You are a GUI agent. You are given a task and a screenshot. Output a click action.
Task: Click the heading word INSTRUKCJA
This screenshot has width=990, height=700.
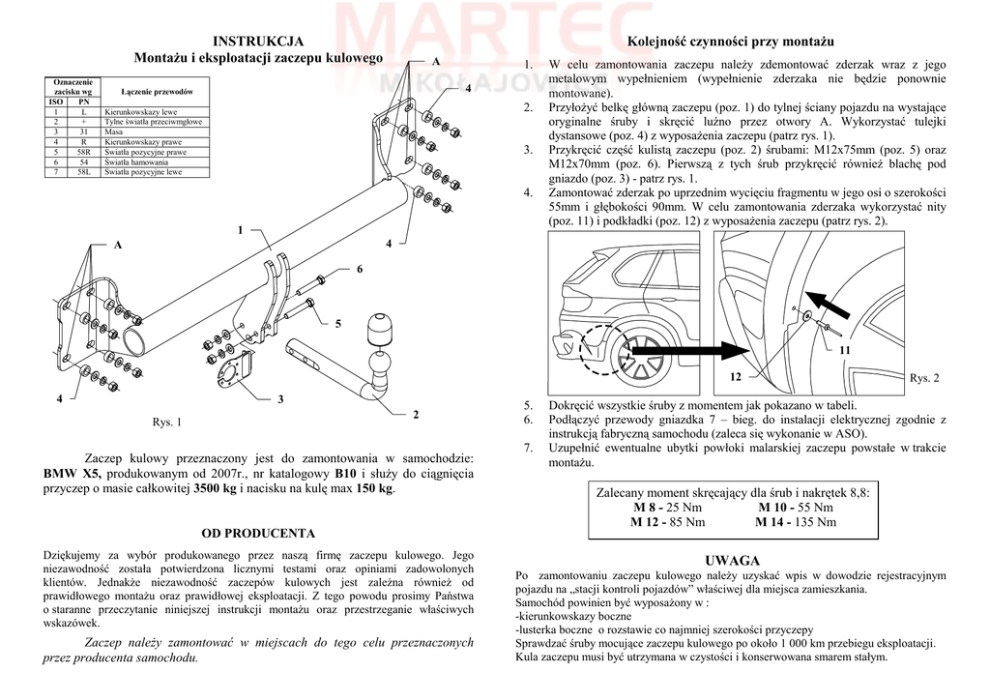point(258,41)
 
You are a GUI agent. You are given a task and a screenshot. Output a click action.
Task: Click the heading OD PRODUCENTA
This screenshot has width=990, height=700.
point(258,533)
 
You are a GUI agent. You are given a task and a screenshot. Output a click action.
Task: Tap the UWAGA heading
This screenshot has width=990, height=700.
point(733,561)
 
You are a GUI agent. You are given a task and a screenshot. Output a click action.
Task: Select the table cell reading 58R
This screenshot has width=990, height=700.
point(84,152)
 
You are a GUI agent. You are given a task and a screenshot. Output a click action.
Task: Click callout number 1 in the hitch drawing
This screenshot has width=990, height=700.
point(240,229)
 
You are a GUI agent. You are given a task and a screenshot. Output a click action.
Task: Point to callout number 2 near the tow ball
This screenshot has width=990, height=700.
point(416,415)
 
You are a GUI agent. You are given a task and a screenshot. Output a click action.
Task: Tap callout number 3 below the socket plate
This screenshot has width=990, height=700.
point(280,399)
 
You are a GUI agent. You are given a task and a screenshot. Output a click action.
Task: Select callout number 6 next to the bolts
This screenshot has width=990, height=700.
point(359,268)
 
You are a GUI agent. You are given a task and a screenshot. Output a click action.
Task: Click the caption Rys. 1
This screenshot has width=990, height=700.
point(167,423)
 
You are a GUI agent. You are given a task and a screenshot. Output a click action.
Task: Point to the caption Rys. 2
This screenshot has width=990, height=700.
point(924,378)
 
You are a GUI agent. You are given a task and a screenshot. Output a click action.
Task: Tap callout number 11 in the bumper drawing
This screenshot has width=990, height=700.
point(844,349)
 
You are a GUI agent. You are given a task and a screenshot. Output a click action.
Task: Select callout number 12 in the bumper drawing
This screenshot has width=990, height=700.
point(736,375)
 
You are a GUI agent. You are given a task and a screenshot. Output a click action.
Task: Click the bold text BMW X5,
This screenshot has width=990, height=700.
point(73,475)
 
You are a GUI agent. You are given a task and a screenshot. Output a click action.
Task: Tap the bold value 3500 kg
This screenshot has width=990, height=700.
point(215,489)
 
